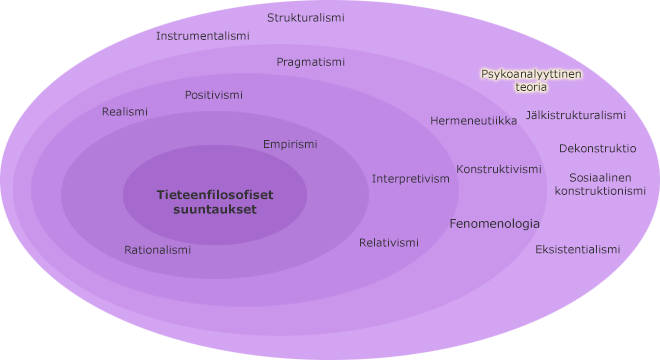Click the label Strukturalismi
(x=305, y=18)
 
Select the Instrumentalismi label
(x=202, y=36)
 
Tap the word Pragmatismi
(x=310, y=62)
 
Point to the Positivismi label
(x=213, y=95)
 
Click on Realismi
(x=124, y=112)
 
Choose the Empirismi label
(x=290, y=144)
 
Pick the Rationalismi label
(x=157, y=250)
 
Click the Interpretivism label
(x=410, y=179)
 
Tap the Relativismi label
(x=388, y=243)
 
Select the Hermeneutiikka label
(x=473, y=121)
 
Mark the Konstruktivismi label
(x=498, y=169)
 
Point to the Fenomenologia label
(x=494, y=224)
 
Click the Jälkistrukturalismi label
(x=575, y=115)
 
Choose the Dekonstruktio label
(x=597, y=148)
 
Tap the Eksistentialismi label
(x=577, y=249)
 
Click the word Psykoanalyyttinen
(x=531, y=74)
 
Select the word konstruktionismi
(x=600, y=190)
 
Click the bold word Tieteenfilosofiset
(x=214, y=195)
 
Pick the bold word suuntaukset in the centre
(x=214, y=210)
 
